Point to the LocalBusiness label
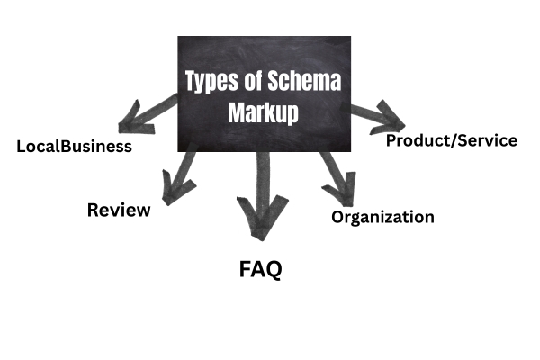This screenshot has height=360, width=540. (x=75, y=146)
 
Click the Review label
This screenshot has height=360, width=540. (x=119, y=211)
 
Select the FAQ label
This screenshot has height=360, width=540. (x=260, y=268)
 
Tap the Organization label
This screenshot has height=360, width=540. (x=382, y=217)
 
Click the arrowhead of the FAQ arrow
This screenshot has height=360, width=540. (x=259, y=225)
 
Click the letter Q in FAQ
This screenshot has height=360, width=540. (x=273, y=269)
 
